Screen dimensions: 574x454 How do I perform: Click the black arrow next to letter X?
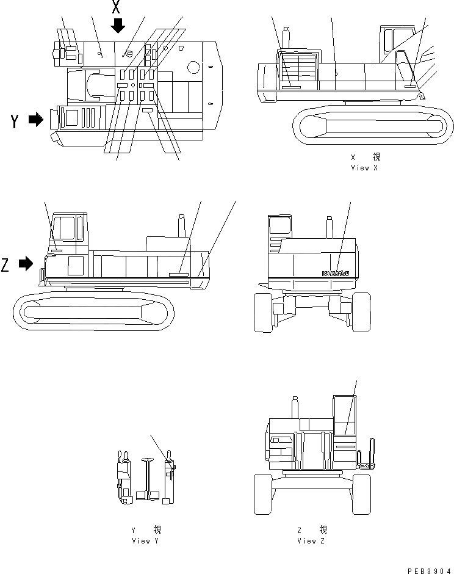click(x=118, y=25)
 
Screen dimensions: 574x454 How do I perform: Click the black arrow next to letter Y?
click(x=36, y=120)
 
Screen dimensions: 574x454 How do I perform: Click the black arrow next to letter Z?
click(x=26, y=264)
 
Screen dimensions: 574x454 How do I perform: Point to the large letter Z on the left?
click(x=6, y=265)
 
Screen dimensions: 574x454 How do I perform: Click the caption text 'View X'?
click(x=364, y=168)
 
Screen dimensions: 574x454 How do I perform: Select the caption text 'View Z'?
click(x=311, y=540)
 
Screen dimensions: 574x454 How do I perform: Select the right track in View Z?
click(x=361, y=493)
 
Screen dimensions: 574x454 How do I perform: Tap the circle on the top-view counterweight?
click(x=194, y=66)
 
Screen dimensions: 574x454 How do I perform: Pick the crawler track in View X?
click(x=373, y=128)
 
